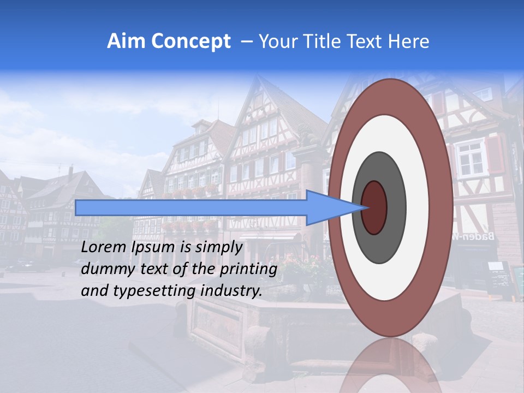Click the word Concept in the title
(190, 41)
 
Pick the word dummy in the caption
(104, 269)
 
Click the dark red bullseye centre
(374, 207)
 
